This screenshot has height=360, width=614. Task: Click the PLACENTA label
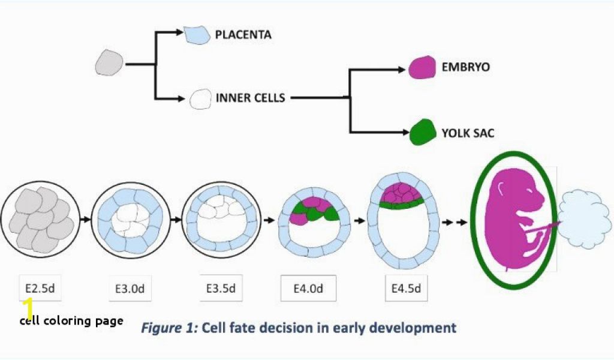pyautogui.click(x=243, y=35)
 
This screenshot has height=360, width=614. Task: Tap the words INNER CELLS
pyautogui.click(x=250, y=97)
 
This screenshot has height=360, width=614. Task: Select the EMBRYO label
pyautogui.click(x=465, y=67)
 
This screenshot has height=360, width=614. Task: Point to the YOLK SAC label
pyautogui.click(x=468, y=133)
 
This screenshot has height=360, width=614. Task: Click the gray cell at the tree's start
pyautogui.click(x=110, y=62)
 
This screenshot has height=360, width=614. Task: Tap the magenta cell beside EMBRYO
pyautogui.click(x=422, y=67)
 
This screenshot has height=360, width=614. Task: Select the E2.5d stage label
pyautogui.click(x=40, y=287)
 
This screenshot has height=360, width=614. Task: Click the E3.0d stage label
pyautogui.click(x=130, y=289)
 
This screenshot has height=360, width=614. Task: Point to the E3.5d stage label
pyautogui.click(x=221, y=288)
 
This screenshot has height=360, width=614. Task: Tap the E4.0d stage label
pyautogui.click(x=308, y=289)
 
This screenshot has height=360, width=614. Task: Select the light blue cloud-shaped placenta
pyautogui.click(x=585, y=220)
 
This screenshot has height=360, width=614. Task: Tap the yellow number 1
pyautogui.click(x=28, y=308)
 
